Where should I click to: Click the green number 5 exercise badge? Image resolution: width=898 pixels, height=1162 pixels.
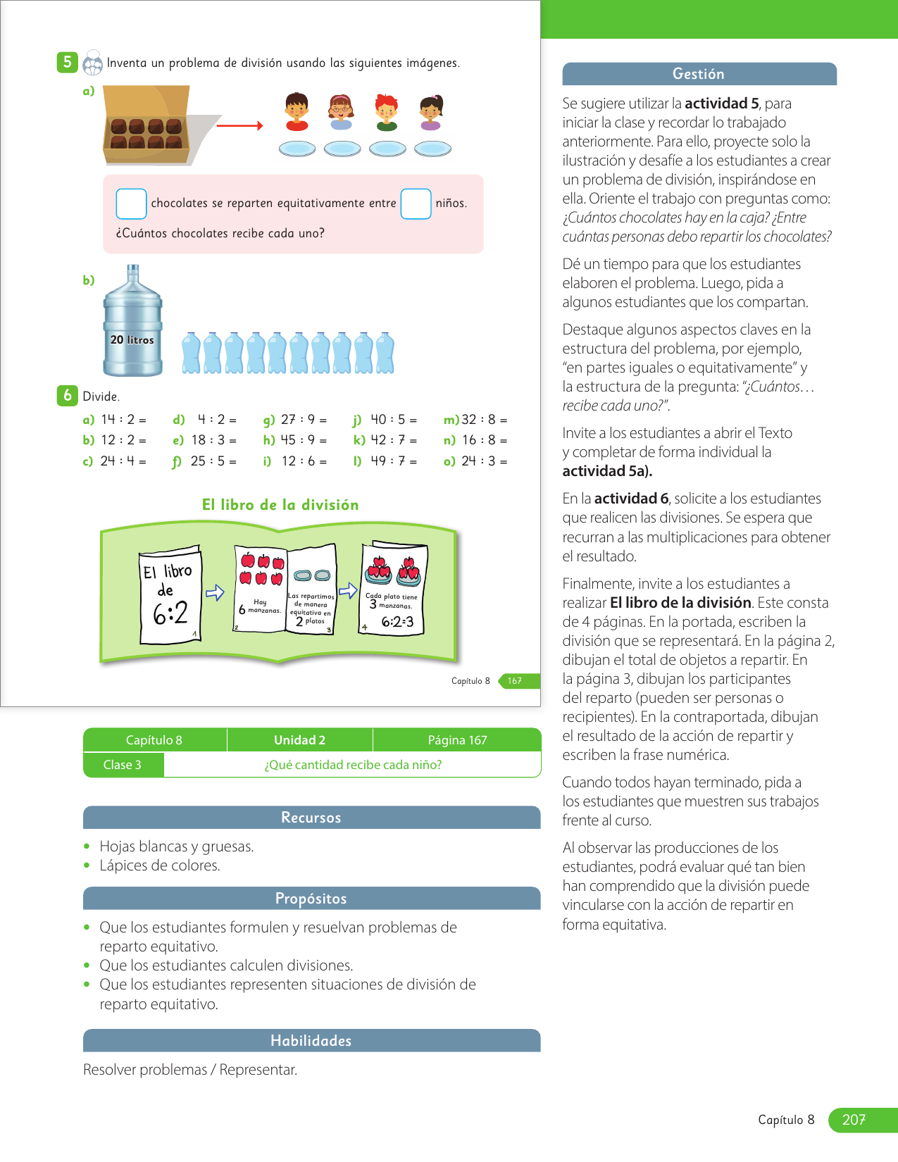click(67, 62)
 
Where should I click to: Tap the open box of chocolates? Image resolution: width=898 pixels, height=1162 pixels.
click(147, 125)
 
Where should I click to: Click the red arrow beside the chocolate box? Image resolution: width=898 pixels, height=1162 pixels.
click(239, 126)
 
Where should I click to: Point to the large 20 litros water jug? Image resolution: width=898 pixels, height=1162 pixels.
click(132, 323)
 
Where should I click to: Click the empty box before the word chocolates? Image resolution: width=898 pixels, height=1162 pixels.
click(131, 204)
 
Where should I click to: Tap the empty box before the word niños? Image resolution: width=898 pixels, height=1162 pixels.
click(416, 204)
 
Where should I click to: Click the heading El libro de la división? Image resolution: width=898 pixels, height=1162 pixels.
click(280, 505)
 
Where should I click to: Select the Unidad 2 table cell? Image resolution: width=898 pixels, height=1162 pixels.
click(299, 740)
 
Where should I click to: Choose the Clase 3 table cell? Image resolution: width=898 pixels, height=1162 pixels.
click(123, 765)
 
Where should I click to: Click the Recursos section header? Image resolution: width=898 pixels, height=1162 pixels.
click(311, 818)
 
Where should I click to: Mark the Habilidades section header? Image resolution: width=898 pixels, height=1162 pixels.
click(311, 1041)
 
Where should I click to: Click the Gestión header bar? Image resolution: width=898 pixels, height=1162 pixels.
click(699, 74)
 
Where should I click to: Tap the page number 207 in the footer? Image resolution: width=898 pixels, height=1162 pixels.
click(854, 1120)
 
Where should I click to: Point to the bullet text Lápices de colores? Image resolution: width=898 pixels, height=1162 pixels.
click(160, 866)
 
